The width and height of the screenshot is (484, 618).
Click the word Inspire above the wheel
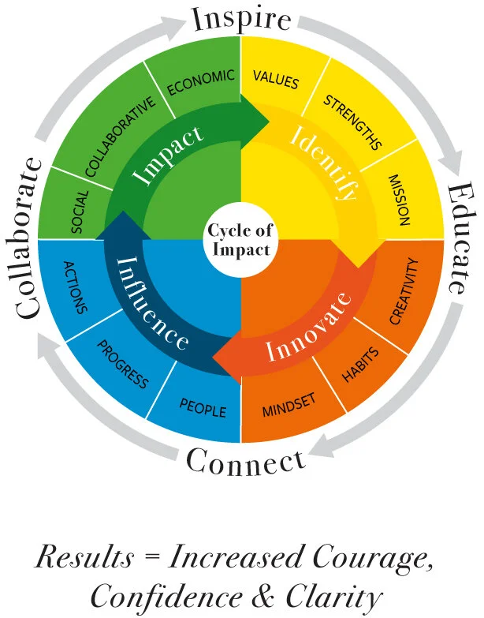coord(242,18)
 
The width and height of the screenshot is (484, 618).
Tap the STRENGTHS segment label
coord(352,122)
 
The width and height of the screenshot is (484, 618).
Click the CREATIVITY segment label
coord(407,291)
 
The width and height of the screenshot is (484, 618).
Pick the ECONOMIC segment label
coord(201,83)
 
